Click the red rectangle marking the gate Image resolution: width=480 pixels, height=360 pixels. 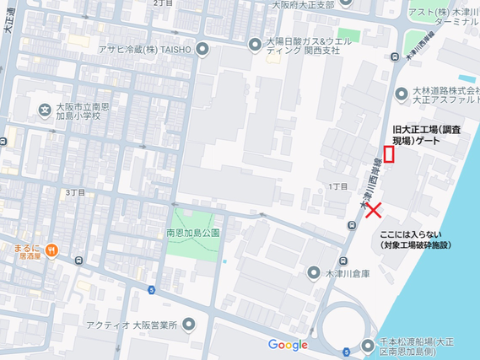(x=389, y=153)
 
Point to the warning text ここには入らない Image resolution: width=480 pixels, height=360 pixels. (x=411, y=234)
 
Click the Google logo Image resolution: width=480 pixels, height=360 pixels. (x=288, y=344)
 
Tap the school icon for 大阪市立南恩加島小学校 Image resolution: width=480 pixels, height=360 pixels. (x=44, y=110)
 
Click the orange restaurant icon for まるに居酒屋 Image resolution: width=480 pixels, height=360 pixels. (x=52, y=249)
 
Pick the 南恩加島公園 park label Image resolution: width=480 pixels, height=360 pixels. (x=192, y=232)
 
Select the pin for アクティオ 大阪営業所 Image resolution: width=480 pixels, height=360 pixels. (x=188, y=325)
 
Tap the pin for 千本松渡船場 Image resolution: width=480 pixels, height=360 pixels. (x=367, y=345)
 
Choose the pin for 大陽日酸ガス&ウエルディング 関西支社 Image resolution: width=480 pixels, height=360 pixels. (x=254, y=43)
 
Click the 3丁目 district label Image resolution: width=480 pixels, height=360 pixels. (x=75, y=192)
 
